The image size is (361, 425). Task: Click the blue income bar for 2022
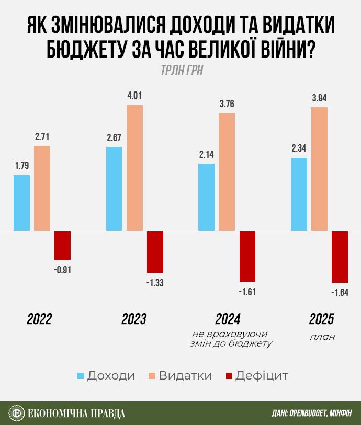tap(22, 203)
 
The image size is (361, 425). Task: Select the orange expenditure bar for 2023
tap(134, 167)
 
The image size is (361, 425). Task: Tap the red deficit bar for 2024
tap(247, 256)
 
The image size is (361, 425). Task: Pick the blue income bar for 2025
tap(299, 194)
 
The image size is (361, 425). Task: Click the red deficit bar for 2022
tap(62, 245)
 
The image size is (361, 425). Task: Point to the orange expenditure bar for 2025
tap(319, 169)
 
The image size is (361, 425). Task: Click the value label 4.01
tap(134, 96)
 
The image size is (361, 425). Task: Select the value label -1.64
tap(340, 292)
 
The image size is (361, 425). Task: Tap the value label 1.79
tap(22, 166)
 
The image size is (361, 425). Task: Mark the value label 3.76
tap(227, 104)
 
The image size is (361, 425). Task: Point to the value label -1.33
tap(155, 282)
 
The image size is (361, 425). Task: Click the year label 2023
tap(134, 319)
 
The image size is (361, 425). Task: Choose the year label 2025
tap(321, 319)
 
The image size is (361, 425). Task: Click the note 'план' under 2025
tap(322, 337)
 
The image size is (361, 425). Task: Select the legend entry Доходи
tap(106, 376)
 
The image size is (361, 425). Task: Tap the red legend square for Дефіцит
tap(228, 376)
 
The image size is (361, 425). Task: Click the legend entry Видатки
tap(180, 376)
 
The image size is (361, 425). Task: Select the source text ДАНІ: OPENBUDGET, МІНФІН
tap(311, 413)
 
